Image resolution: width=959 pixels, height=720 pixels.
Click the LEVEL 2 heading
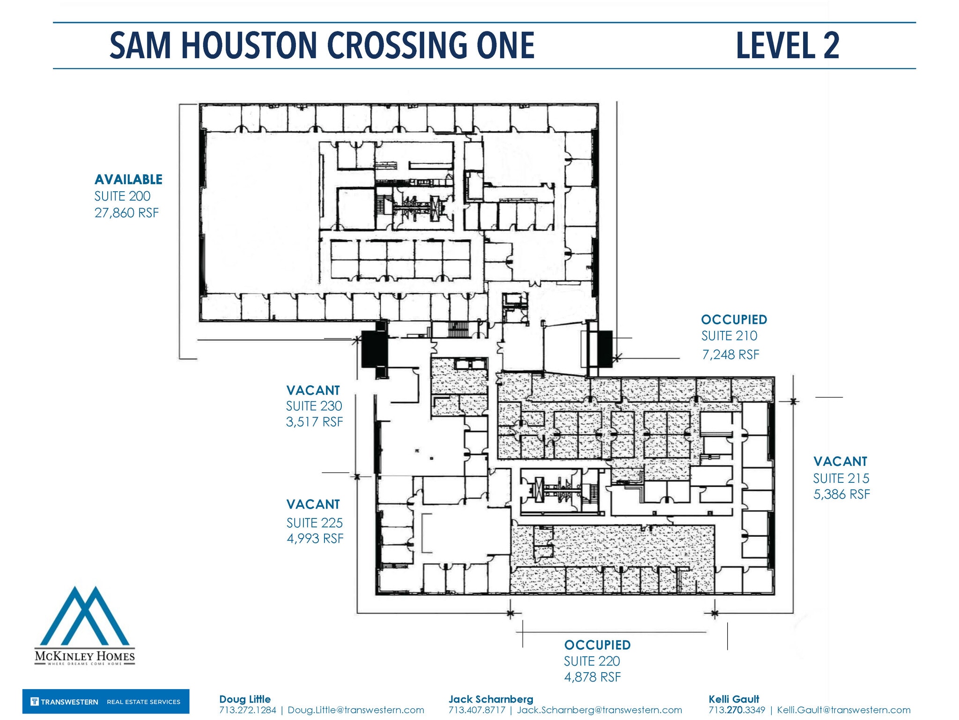click(787, 45)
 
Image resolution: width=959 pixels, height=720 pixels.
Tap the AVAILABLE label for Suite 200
click(128, 180)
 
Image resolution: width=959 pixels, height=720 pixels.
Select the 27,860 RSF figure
click(126, 213)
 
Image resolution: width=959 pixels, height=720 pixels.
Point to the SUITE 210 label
click(729, 336)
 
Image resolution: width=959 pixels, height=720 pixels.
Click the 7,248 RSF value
click(730, 355)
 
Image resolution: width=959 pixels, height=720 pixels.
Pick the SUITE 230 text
click(314, 406)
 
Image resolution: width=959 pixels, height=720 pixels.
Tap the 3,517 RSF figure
click(314, 422)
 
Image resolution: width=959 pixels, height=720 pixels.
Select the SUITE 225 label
click(314, 523)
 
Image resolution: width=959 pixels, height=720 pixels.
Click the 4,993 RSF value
click(315, 539)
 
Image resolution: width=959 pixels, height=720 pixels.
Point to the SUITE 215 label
click(841, 479)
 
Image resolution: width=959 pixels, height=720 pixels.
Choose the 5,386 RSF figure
click(841, 495)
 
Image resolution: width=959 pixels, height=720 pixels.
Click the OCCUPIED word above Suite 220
click(597, 645)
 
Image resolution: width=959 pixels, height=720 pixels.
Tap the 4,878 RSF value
click(592, 677)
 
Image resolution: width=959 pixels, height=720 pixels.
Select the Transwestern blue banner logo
click(106, 702)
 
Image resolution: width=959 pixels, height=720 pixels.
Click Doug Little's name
click(245, 699)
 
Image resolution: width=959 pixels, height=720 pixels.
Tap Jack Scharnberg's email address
click(599, 710)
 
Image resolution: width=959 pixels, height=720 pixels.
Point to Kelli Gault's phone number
click(737, 710)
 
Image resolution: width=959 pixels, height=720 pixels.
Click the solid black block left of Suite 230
click(374, 349)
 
